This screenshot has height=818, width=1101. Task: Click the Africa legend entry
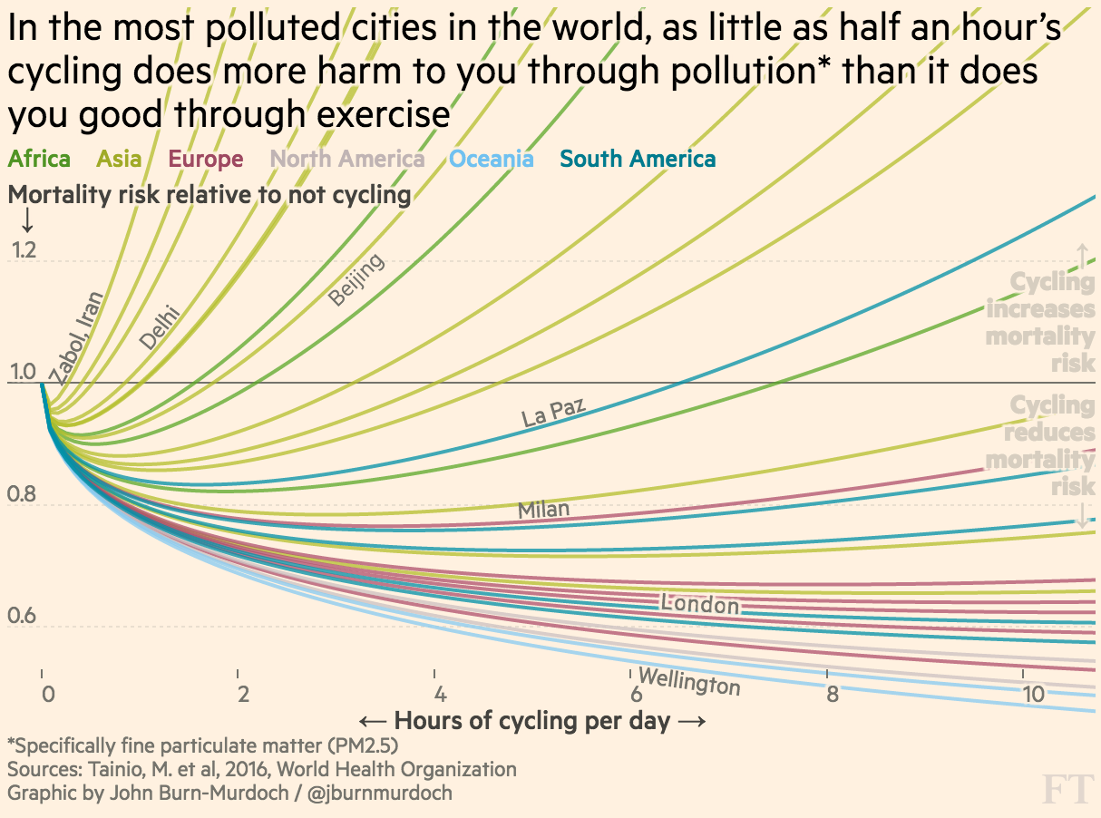(x=39, y=160)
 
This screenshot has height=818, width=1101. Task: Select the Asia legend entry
(x=119, y=160)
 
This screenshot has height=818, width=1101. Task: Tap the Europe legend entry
(x=206, y=160)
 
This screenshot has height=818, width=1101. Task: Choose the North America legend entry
(x=348, y=160)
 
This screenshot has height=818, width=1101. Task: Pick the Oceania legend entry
(x=492, y=160)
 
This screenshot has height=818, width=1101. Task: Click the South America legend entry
(x=638, y=160)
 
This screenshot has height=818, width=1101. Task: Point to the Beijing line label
(x=356, y=279)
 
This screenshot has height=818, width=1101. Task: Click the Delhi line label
(x=160, y=328)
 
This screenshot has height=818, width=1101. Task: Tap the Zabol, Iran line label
(x=76, y=336)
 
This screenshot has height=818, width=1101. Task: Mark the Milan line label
(x=543, y=510)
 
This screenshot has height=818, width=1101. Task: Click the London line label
(x=699, y=603)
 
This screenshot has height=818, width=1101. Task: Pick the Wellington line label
(x=689, y=681)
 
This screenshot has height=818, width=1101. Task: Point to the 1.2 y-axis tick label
(x=24, y=251)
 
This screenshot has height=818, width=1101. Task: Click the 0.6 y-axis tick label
(x=24, y=618)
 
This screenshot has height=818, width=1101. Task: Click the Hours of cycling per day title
(x=531, y=722)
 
